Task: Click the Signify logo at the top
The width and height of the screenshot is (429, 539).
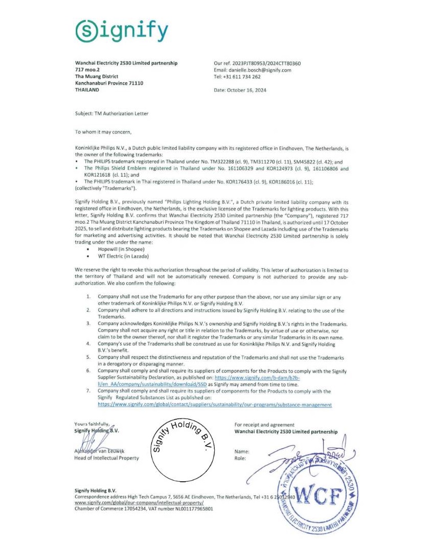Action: click(x=122, y=32)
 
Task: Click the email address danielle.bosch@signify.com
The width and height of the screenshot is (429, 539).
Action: click(x=259, y=70)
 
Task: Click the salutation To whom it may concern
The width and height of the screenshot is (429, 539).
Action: click(x=103, y=132)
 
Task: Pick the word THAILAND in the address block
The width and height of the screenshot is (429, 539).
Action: click(x=87, y=90)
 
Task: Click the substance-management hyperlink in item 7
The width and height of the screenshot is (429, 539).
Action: click(x=214, y=404)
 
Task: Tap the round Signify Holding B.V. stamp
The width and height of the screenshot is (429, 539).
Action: click(x=183, y=450)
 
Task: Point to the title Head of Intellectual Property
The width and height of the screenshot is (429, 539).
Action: click(x=106, y=458)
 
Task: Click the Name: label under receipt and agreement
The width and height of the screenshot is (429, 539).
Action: click(x=242, y=451)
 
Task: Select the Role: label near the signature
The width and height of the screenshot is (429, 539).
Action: click(x=240, y=458)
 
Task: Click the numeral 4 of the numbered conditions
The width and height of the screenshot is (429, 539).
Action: click(x=88, y=344)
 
